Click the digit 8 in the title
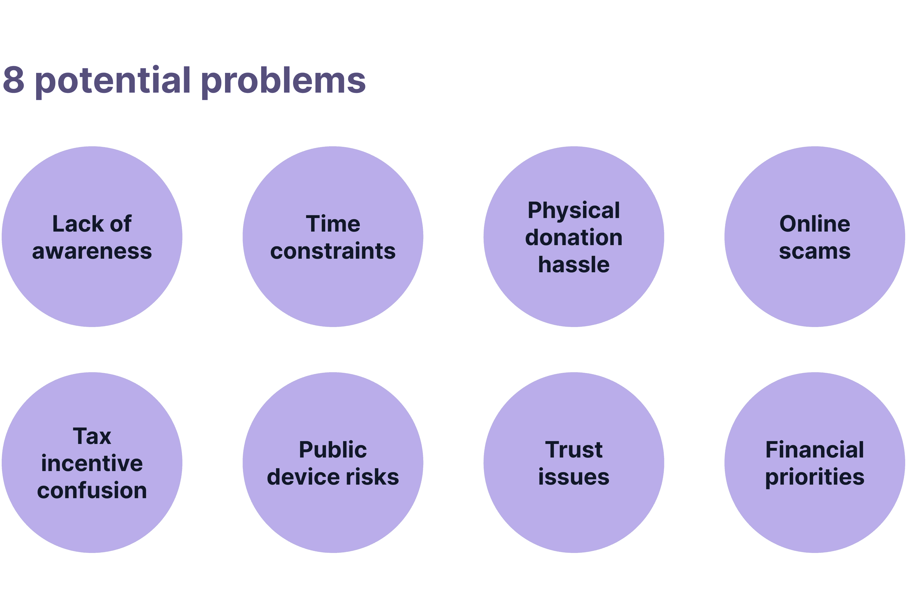14,80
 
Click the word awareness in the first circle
92,251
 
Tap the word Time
333,224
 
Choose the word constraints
333,251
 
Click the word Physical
574,211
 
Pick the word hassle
574,265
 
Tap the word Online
815,224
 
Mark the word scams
815,251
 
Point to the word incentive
92,463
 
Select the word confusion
92,490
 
